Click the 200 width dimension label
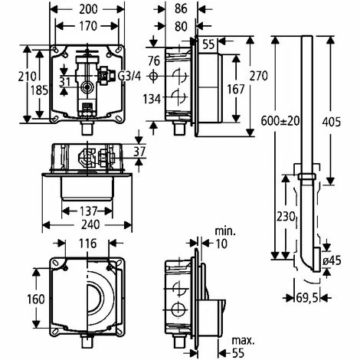coord(88,9)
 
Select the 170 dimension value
coord(88,26)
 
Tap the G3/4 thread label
coord(129,76)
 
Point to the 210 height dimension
coord(27,76)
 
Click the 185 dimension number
coord(39,90)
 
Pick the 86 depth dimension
coord(181,8)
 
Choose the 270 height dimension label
coord(258,76)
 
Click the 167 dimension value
coord(236,90)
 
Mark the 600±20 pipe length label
coord(280,121)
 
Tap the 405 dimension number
coord(332,122)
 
